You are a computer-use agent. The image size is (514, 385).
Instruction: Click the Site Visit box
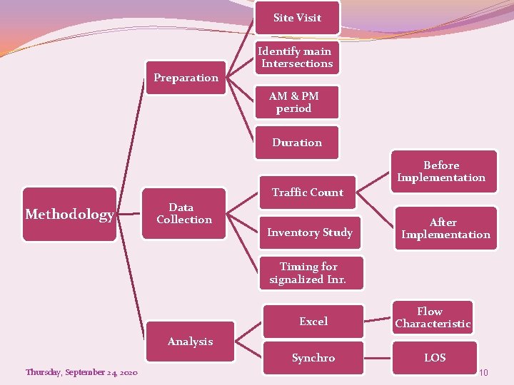tap(297, 18)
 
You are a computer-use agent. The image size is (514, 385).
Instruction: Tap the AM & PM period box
tap(294, 102)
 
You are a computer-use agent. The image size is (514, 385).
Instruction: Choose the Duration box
tap(297, 143)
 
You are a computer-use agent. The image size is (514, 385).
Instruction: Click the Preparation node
tap(186, 78)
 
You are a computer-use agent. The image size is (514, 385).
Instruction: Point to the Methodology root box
tap(69, 215)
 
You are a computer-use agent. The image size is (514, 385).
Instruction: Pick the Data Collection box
tap(184, 214)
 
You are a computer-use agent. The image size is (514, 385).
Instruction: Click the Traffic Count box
tap(307, 192)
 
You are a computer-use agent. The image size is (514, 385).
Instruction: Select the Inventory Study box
tap(310, 232)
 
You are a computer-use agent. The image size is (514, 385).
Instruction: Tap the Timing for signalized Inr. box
tap(308, 273)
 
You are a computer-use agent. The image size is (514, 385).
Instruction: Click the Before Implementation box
tap(441, 172)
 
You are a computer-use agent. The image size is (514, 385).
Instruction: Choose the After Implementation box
tap(445, 228)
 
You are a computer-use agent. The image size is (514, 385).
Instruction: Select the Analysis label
tap(190, 342)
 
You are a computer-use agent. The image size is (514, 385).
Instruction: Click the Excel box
tap(313, 322)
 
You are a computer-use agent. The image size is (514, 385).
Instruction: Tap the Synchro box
tap(313, 358)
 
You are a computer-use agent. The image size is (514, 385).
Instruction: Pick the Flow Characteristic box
tap(433, 318)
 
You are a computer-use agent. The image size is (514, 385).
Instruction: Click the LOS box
tap(435, 358)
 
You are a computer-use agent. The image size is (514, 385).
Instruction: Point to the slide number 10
tap(483, 373)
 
